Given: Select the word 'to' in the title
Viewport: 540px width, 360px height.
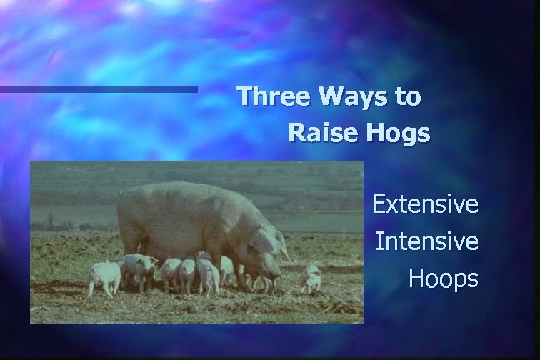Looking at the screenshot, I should click(x=408, y=97).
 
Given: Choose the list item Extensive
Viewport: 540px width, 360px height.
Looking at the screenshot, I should click(x=425, y=205).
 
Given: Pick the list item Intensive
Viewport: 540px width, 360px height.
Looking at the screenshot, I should click(x=426, y=241).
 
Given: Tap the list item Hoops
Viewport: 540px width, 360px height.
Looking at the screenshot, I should click(x=443, y=279).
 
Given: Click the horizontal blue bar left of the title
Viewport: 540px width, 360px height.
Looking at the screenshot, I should click(x=99, y=89).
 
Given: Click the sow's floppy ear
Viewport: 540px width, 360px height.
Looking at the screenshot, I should click(x=263, y=241).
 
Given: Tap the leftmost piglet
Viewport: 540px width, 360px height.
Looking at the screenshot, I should click(x=104, y=277).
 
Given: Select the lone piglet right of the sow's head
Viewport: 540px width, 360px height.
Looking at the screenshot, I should click(x=310, y=277).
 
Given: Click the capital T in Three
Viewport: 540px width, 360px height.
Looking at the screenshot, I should click(x=245, y=96).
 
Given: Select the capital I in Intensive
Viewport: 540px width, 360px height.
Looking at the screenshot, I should click(x=379, y=241).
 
